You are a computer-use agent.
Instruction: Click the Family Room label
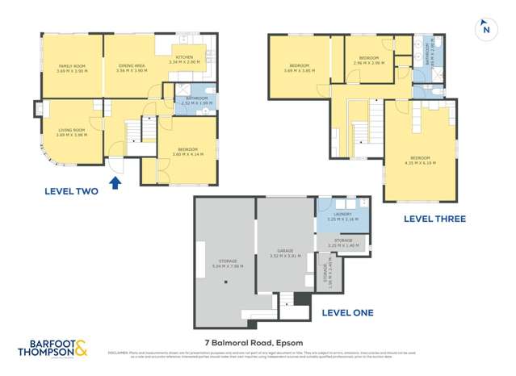(71, 68)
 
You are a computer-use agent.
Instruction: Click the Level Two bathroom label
(195, 101)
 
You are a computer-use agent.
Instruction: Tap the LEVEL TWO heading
(72, 191)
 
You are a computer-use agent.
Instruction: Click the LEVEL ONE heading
(347, 312)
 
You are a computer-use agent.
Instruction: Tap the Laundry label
(343, 216)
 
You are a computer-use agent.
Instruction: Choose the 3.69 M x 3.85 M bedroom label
(298, 68)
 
